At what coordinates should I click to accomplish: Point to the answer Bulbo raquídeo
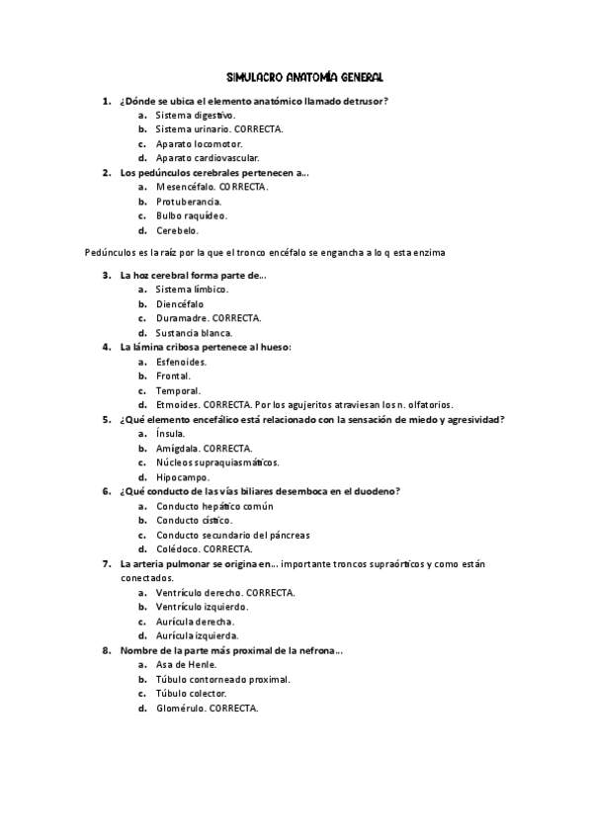(191, 214)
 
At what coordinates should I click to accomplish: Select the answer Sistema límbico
(192, 290)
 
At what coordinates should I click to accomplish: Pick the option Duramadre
(181, 318)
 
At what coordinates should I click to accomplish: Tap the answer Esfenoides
(181, 362)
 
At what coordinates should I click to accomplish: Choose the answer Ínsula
(171, 433)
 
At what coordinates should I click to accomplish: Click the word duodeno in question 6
(377, 491)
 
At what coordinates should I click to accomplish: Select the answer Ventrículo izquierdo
(202, 606)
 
